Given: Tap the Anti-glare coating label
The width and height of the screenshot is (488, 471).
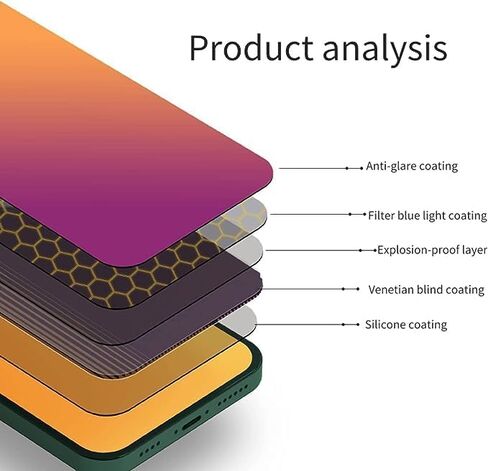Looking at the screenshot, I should [x=411, y=166].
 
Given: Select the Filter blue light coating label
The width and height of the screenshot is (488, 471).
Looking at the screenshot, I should [x=425, y=215].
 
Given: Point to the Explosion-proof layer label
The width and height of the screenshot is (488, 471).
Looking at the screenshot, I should [x=431, y=250].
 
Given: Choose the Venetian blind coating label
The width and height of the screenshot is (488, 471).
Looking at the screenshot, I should [x=425, y=289].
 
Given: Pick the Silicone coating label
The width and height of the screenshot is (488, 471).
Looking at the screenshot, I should [x=406, y=325].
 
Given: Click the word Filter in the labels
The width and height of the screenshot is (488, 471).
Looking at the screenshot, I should [x=380, y=215].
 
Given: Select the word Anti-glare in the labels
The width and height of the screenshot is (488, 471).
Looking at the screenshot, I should [x=387, y=166].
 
